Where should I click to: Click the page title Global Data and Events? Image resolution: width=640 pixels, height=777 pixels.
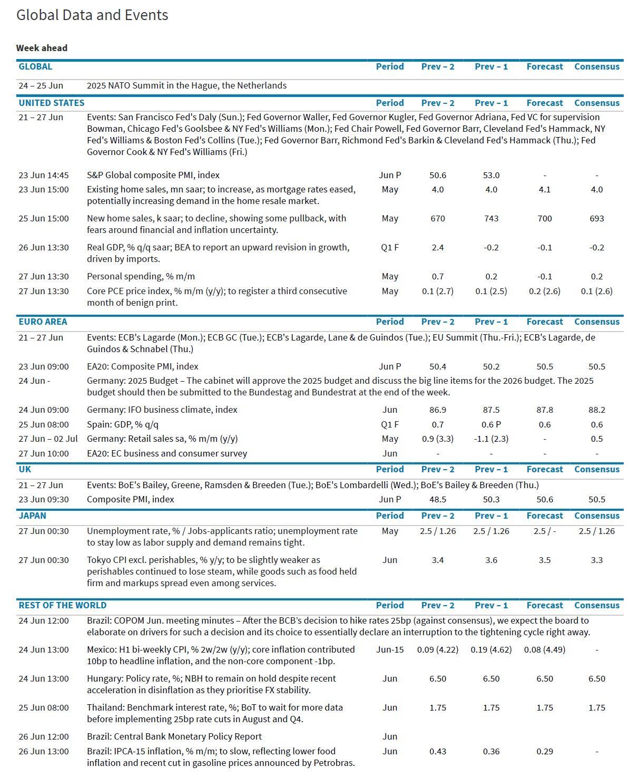[92, 15]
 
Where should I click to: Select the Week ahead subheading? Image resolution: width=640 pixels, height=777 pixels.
[42, 48]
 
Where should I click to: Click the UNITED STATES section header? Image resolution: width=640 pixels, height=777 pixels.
[51, 103]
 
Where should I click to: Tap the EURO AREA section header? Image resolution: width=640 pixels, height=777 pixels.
[43, 322]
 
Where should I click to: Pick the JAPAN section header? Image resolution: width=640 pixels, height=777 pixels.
[32, 516]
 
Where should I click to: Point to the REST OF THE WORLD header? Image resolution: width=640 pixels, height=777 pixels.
[62, 605]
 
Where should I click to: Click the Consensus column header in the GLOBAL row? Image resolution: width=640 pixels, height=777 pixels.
[596, 66]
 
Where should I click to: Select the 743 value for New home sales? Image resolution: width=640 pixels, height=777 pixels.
[491, 218]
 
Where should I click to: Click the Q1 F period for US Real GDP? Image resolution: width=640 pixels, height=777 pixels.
[390, 247]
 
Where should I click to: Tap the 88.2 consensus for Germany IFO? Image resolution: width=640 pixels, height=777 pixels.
[596, 410]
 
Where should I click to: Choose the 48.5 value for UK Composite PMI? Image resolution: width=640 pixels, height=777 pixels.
[437, 499]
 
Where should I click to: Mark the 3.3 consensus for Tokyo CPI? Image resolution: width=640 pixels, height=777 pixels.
[596, 560]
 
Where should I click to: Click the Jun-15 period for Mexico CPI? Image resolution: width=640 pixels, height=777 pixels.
[390, 649]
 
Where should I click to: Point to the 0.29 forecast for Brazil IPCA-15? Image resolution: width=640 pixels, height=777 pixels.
[544, 751]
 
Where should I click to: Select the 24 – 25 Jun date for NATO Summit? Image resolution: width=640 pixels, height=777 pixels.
[41, 85]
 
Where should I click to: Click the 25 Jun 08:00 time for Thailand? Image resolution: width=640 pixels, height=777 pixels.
[43, 707]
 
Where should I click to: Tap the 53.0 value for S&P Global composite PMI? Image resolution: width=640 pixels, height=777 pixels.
[491, 175]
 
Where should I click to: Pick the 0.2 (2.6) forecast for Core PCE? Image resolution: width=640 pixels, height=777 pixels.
[544, 291]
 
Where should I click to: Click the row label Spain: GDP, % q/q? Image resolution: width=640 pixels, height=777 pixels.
[122, 424]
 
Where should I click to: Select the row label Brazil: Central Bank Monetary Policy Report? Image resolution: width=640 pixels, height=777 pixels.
[174, 736]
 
